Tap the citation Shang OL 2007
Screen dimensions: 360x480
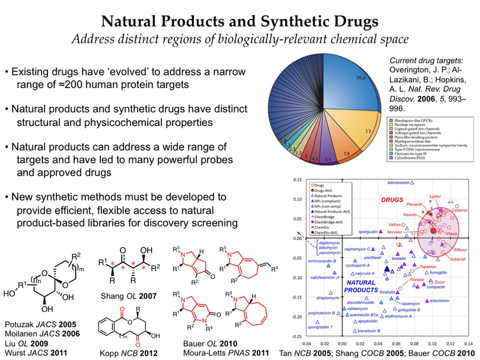123,296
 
